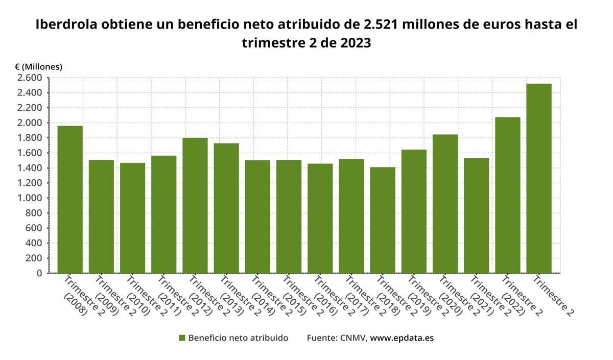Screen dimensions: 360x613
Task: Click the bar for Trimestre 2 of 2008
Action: point(70,199)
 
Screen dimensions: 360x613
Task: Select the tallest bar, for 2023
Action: point(539,178)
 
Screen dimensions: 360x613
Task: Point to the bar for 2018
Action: point(383,220)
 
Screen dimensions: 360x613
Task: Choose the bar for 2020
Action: point(445,204)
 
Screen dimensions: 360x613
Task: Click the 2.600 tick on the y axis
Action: point(30,78)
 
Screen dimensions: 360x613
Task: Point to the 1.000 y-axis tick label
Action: point(30,198)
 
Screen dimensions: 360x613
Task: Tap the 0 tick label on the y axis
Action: point(39,273)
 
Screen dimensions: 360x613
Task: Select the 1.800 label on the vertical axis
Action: point(30,138)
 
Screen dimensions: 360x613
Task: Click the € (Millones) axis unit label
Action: point(38,67)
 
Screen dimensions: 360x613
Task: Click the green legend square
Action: point(181,338)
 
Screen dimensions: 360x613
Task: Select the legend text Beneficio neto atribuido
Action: point(238,338)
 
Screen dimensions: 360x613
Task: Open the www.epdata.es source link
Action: point(402,338)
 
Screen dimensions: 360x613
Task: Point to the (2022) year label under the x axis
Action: point(512,304)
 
